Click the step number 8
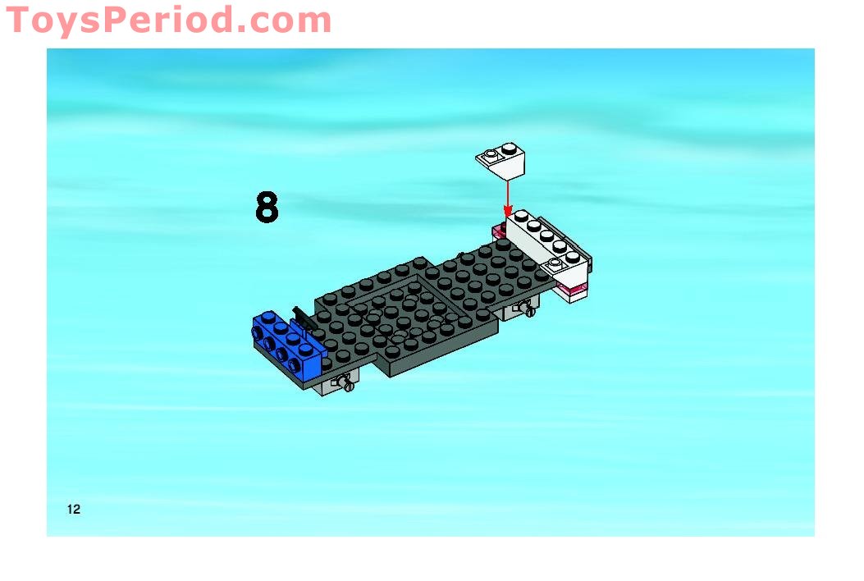pos(267,208)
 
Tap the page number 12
pos(74,510)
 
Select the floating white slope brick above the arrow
pos(501,160)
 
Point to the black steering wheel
pos(302,318)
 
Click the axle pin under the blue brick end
pos(346,382)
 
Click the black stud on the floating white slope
pos(510,148)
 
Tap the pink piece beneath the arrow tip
pos(499,231)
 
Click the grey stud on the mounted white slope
pos(555,263)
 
